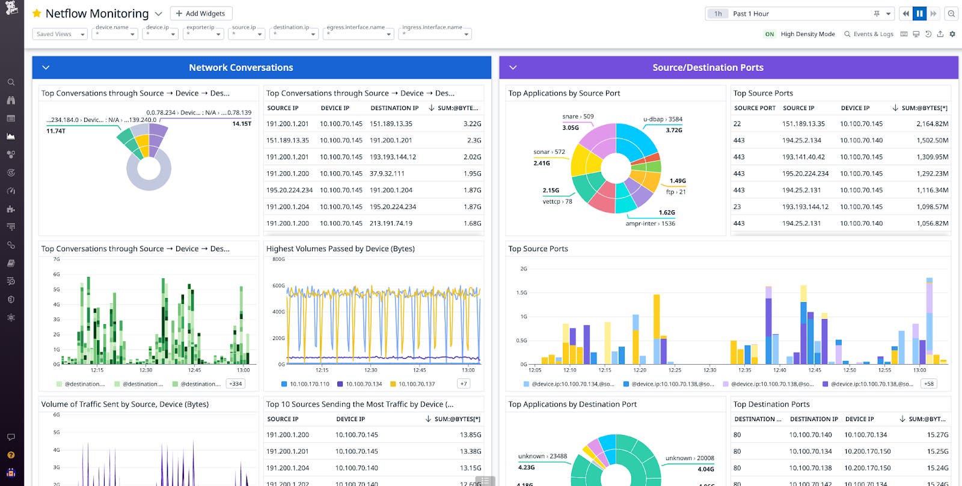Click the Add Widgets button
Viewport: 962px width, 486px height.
pyautogui.click(x=201, y=13)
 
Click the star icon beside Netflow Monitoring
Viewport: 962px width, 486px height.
pyautogui.click(x=37, y=13)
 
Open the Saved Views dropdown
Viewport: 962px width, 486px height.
pyautogui.click(x=60, y=34)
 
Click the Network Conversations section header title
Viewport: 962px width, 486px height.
pyautogui.click(x=240, y=68)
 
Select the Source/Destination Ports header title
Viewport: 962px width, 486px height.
pyautogui.click(x=708, y=68)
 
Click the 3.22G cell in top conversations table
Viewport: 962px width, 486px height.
pyautogui.click(x=472, y=124)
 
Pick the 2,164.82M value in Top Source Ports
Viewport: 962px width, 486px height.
pyautogui.click(x=932, y=124)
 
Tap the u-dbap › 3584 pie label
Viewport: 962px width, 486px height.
pyautogui.click(x=663, y=119)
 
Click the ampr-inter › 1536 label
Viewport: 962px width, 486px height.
pyautogui.click(x=650, y=223)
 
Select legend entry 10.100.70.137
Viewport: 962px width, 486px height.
pyautogui.click(x=416, y=384)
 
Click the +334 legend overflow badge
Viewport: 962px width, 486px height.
pyautogui.click(x=236, y=384)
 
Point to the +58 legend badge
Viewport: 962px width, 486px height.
pyautogui.click(x=929, y=384)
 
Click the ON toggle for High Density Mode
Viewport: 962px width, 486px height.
pyautogui.click(x=769, y=34)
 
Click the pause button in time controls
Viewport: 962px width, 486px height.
pyautogui.click(x=919, y=13)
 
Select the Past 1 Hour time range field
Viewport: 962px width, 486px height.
pyautogui.click(x=800, y=13)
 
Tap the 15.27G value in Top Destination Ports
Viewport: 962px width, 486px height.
pyautogui.click(x=937, y=435)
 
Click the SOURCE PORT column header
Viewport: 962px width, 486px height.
pyautogui.click(x=755, y=108)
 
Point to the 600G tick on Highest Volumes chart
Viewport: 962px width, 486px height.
pyautogui.click(x=278, y=286)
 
